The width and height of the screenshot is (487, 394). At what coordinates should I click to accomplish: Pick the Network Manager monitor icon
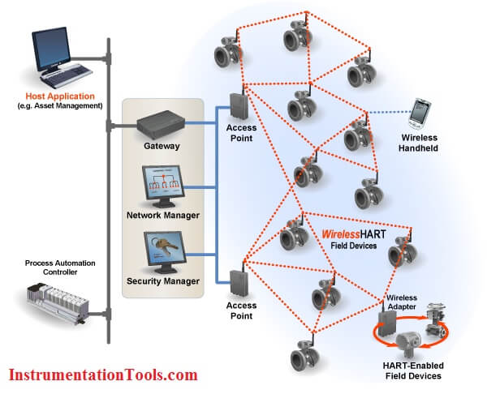pos(163,186)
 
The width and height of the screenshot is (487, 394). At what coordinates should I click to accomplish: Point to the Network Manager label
pos(163,216)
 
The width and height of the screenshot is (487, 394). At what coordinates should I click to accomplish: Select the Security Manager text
pos(163,281)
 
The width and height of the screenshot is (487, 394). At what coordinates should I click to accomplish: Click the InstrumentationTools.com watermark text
pos(103,375)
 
